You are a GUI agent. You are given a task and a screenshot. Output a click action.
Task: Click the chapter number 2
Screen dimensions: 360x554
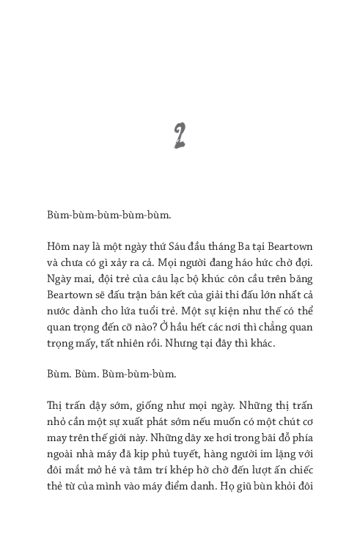coord(180,136)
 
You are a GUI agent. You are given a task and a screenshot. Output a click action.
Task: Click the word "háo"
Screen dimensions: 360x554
coord(243,260)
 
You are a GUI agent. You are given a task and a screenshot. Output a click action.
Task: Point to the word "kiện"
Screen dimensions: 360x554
coord(227,309)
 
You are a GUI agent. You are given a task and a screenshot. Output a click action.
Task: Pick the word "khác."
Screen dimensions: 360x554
coord(262,341)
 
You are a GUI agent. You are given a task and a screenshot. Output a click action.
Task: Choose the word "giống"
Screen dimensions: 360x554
coord(142,405)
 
